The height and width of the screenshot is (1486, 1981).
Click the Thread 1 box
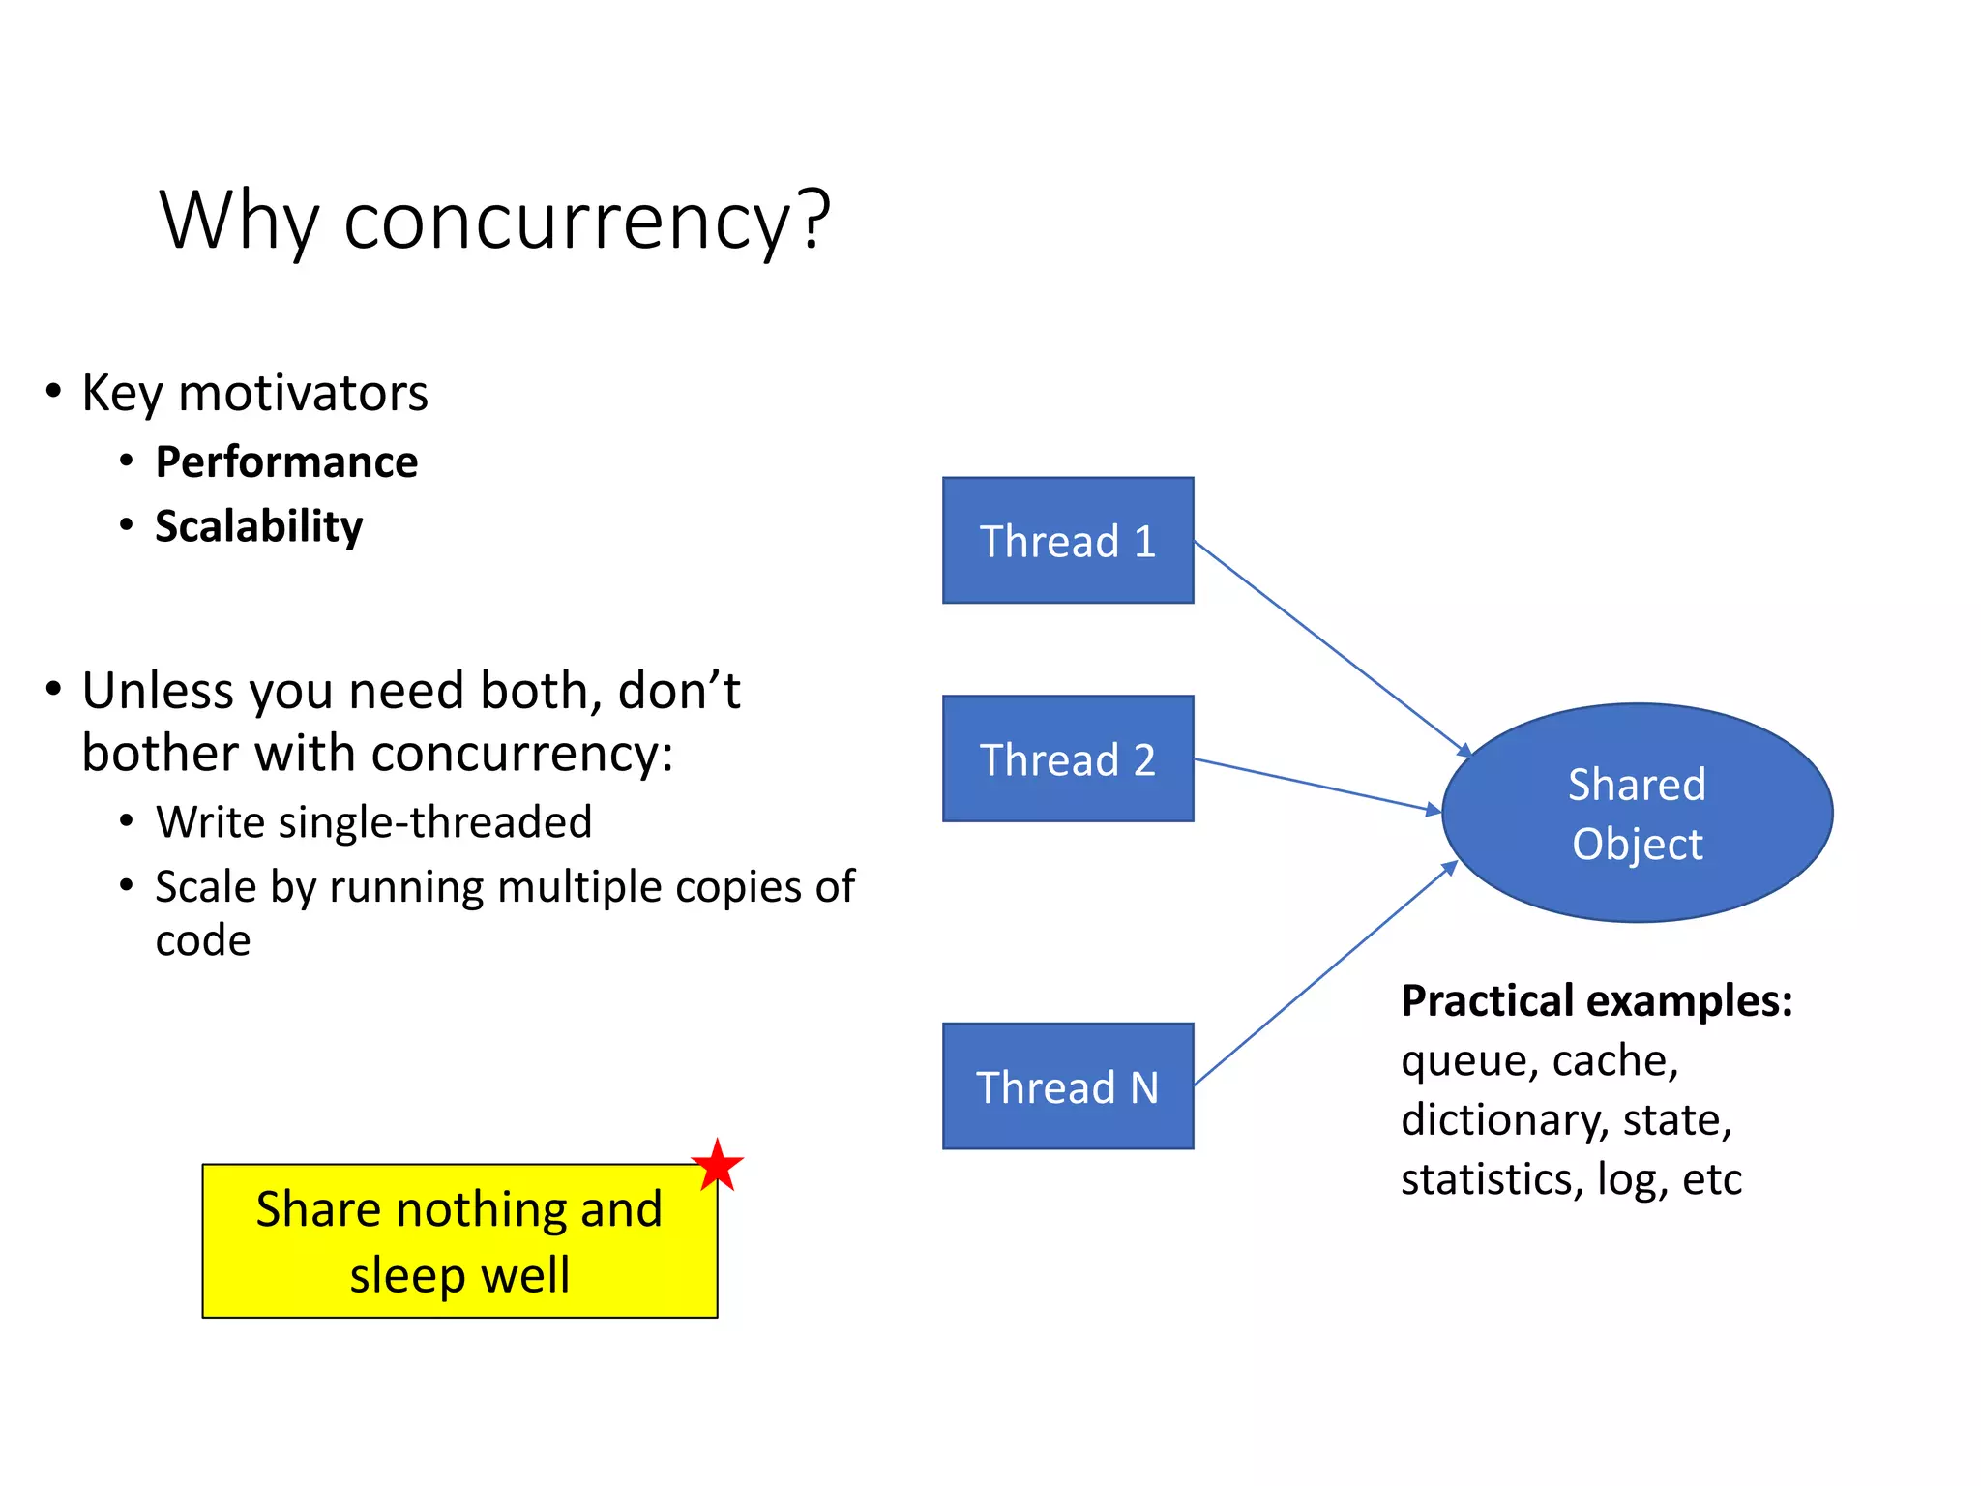1068,540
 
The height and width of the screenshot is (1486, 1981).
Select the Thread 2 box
1068,758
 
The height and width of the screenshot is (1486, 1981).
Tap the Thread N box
1068,1085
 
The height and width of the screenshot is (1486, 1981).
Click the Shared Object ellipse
1637,813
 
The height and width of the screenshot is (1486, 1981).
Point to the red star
717,1165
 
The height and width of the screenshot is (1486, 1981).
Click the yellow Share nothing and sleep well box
459,1241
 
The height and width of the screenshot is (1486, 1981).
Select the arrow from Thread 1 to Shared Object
1332,648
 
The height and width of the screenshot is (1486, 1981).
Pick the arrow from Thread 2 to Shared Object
1317,785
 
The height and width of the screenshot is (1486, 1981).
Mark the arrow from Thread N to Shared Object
1326,973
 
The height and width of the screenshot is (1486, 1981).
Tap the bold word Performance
286,461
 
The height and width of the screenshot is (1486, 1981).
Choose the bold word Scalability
258,526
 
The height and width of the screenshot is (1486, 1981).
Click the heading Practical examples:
1596,1000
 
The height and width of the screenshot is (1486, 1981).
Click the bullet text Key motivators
254,393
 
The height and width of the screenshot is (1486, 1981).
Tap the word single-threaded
434,822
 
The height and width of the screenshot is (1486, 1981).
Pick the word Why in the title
239,221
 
